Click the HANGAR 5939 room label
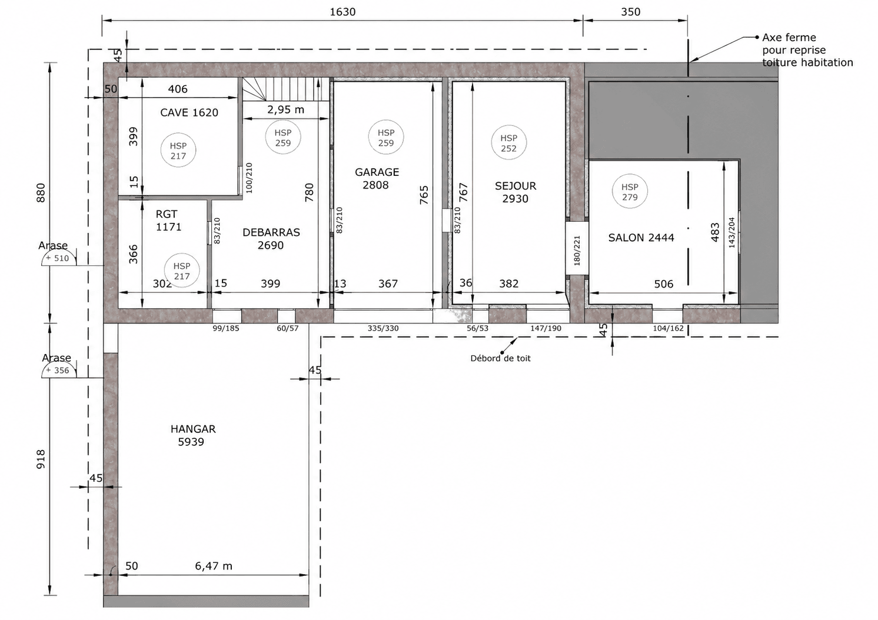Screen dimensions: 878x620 (x=193, y=435)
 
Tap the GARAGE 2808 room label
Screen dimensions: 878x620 (x=377, y=178)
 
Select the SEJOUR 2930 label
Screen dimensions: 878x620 (x=516, y=192)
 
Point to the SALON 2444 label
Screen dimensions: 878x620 (x=641, y=238)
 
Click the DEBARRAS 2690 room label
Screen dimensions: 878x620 (x=271, y=239)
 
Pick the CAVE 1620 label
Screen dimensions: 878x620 (x=189, y=113)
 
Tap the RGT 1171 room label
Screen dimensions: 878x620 (x=168, y=220)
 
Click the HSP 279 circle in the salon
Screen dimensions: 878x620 (x=630, y=192)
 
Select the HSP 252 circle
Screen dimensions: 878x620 (x=509, y=143)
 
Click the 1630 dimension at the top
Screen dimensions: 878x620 (x=342, y=12)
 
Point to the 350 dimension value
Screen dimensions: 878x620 (x=631, y=12)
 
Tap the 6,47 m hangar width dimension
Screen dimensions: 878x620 (x=214, y=566)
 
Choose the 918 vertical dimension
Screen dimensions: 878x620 (x=41, y=459)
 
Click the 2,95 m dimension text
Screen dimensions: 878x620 (x=285, y=109)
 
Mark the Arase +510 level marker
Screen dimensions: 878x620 (x=58, y=253)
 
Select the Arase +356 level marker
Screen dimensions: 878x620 (x=58, y=365)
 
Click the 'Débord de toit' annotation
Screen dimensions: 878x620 (x=500, y=358)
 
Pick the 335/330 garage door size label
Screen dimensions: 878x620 (x=383, y=328)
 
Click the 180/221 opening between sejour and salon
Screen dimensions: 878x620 (x=577, y=250)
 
